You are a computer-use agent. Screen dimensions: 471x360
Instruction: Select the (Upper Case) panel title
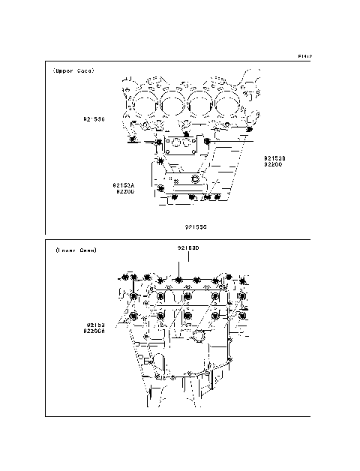pyautogui.click(x=73, y=71)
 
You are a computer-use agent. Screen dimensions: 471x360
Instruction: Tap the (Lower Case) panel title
pyautogui.click(x=75, y=250)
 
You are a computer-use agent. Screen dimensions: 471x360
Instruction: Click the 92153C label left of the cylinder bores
pyautogui.click(x=94, y=119)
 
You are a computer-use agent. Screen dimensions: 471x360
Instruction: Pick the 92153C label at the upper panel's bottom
pyautogui.click(x=196, y=225)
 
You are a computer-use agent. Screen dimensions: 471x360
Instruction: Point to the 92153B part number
pyautogui.click(x=275, y=158)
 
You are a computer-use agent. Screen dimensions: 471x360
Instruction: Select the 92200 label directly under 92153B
pyautogui.click(x=272, y=165)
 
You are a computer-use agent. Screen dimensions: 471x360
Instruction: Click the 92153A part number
pyautogui.click(x=124, y=184)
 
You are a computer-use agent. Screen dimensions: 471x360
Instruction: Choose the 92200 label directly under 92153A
pyautogui.click(x=125, y=191)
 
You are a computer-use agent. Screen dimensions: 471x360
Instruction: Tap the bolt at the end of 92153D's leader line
pyautogui.click(x=180, y=282)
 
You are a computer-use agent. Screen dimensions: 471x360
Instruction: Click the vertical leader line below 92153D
pyautogui.click(x=180, y=266)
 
